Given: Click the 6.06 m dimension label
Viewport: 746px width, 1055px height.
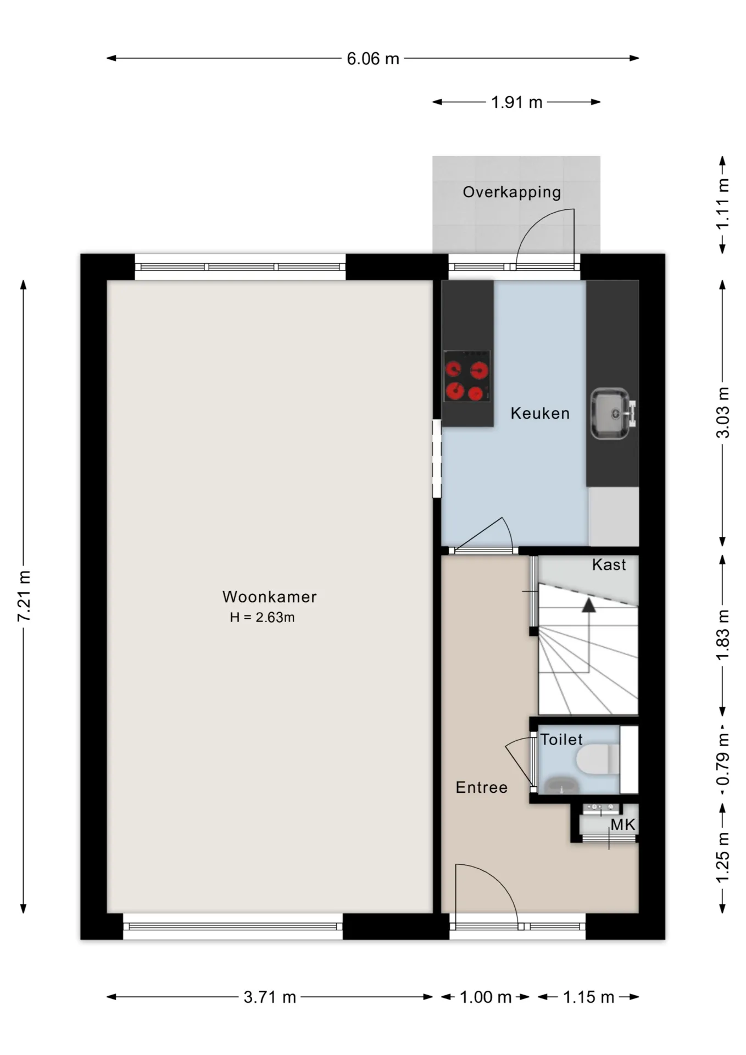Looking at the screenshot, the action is pyautogui.click(x=373, y=59).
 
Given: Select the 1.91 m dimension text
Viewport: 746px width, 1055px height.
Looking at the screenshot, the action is pyautogui.click(x=516, y=102).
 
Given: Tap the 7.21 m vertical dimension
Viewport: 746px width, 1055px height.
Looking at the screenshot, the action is pyautogui.click(x=24, y=596).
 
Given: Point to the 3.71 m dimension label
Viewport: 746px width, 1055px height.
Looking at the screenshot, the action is pyautogui.click(x=270, y=997).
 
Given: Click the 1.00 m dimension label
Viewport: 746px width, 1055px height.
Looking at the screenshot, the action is pyautogui.click(x=486, y=997).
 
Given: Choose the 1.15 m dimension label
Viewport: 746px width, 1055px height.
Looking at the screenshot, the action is pyautogui.click(x=588, y=997).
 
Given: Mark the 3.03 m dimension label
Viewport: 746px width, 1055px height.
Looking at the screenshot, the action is pyautogui.click(x=723, y=413).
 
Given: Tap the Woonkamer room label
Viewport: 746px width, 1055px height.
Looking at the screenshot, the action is pyautogui.click(x=270, y=597).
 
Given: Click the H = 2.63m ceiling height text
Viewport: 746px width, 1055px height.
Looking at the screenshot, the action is pyautogui.click(x=262, y=618).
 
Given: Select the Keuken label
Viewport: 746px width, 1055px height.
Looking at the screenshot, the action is pyautogui.click(x=540, y=413).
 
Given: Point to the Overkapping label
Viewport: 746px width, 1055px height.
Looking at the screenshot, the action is pyautogui.click(x=512, y=192).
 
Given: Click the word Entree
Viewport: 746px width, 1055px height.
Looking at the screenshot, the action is pyautogui.click(x=482, y=787).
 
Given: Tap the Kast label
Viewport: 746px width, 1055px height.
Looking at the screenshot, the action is pyautogui.click(x=609, y=565).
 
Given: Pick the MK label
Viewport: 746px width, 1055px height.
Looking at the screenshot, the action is pyautogui.click(x=623, y=824).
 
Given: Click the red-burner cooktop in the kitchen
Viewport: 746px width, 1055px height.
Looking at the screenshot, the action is pyautogui.click(x=467, y=376).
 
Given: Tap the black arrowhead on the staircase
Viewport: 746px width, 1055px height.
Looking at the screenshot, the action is pyautogui.click(x=589, y=605).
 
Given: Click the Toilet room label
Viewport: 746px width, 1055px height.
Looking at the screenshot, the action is pyautogui.click(x=561, y=740).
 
